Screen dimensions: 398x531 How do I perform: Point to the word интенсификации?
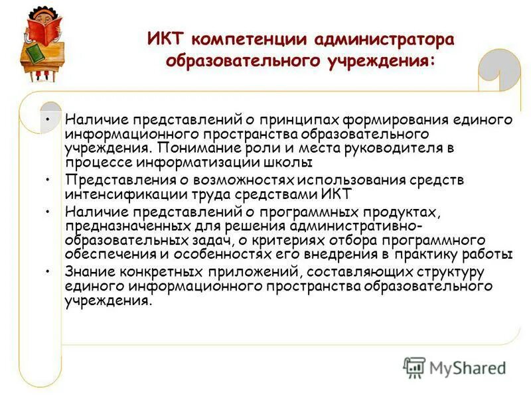(118, 194)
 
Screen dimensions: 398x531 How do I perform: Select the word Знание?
(86, 272)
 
